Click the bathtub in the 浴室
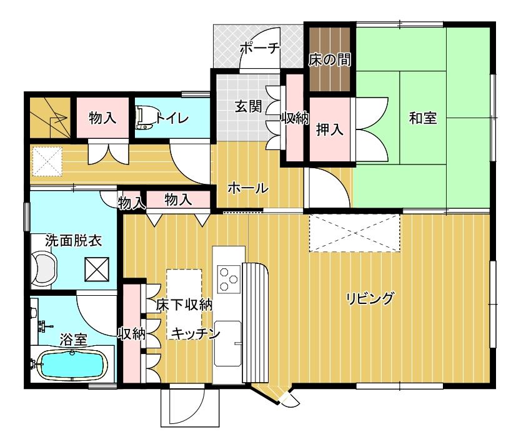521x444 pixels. (72, 365)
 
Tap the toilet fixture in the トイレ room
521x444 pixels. (144, 117)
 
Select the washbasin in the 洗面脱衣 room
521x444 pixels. (44, 268)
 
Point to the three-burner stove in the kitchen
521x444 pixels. (229, 279)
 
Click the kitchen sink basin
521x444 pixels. (227, 343)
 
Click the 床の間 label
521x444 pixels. (329, 60)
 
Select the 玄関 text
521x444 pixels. (249, 106)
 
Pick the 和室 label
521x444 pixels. (422, 118)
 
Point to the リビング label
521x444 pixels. (369, 298)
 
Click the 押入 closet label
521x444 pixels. (330, 129)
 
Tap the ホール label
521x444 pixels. (248, 188)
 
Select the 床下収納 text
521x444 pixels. (184, 305)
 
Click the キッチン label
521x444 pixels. (196, 333)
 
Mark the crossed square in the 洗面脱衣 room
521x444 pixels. (97, 270)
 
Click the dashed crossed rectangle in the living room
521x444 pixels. (354, 233)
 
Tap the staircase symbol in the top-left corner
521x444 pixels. (50, 118)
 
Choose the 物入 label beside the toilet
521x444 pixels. (102, 118)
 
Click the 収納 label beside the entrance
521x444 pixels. (295, 118)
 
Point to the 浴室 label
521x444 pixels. (74, 340)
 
